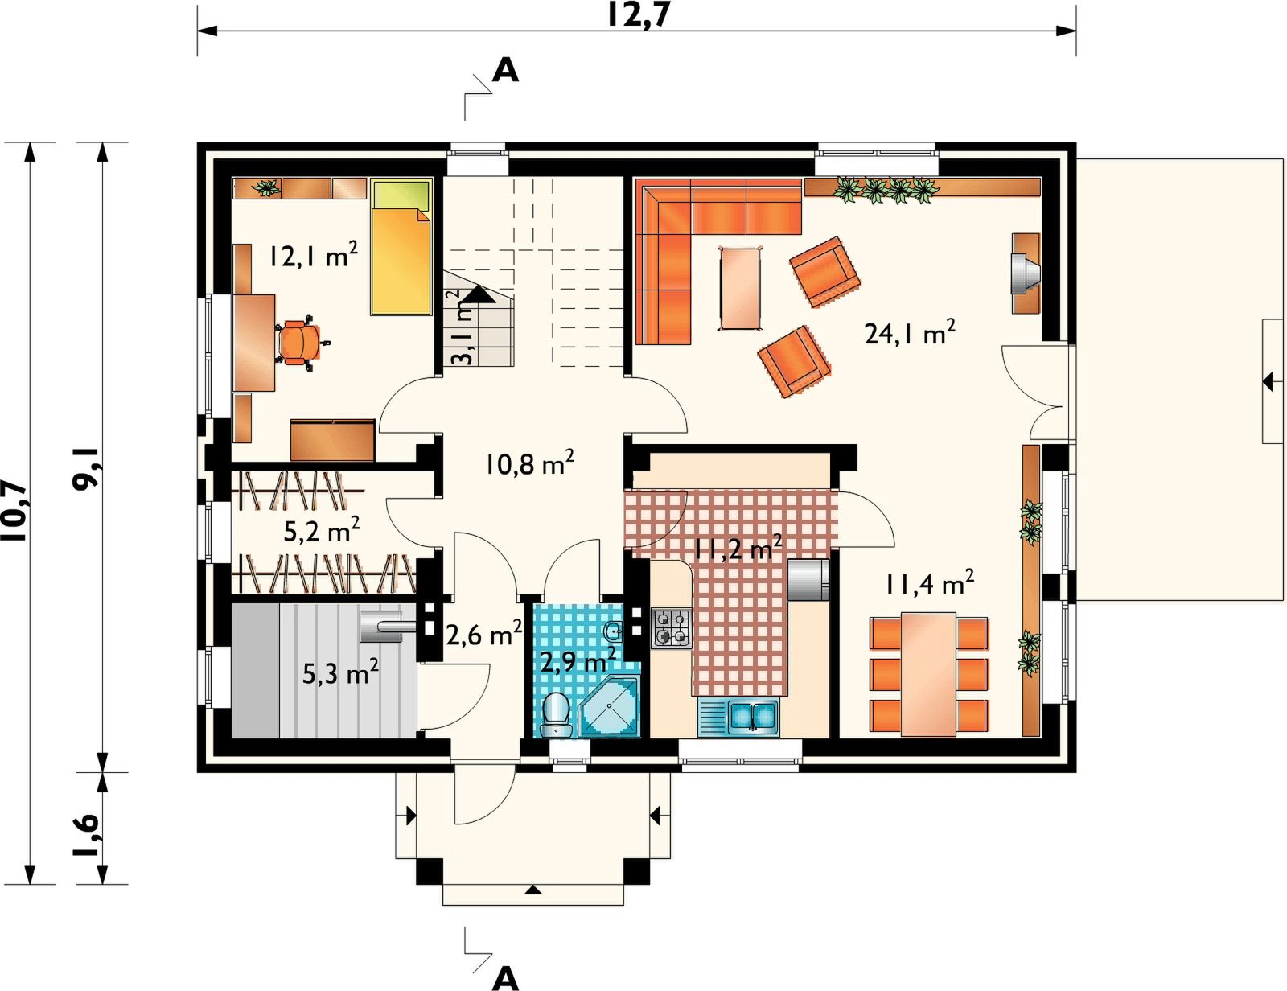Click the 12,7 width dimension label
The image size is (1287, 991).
click(x=638, y=15)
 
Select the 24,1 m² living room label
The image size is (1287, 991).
click(x=910, y=333)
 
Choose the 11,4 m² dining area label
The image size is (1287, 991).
click(x=930, y=583)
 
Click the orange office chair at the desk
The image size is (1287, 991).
click(x=302, y=343)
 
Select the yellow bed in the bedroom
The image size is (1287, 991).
click(x=401, y=249)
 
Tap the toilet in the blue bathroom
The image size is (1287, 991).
click(x=556, y=714)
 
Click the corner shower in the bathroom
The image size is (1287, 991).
click(x=610, y=707)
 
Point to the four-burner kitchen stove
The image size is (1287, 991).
click(x=672, y=629)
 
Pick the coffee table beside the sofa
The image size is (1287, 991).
click(x=740, y=288)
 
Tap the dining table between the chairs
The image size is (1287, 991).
click(x=929, y=674)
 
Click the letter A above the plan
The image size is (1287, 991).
click(x=505, y=71)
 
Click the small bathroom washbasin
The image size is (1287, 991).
click(x=614, y=631)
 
